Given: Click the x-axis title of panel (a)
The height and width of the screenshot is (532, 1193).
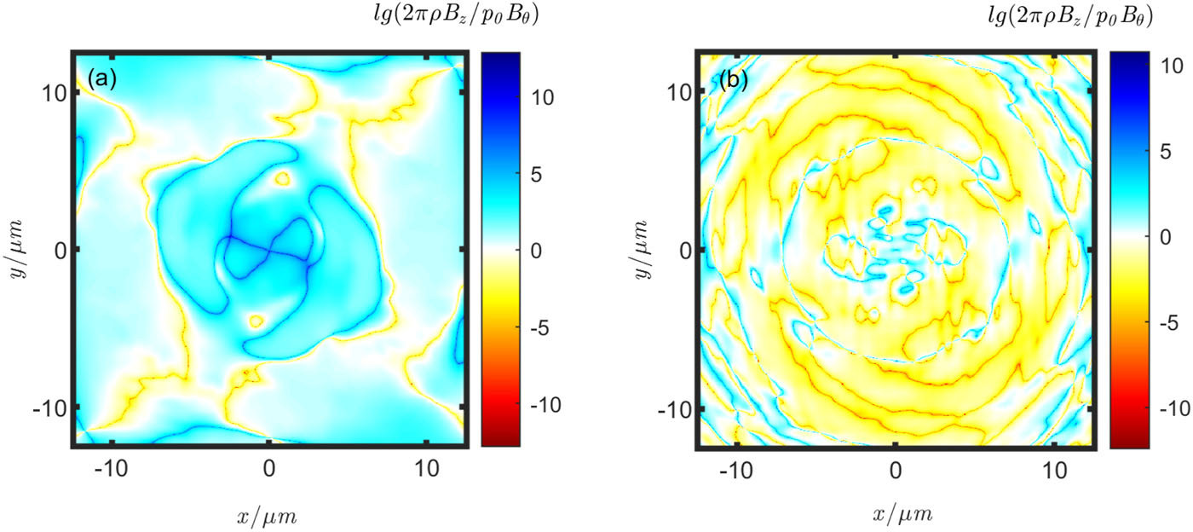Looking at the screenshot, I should tap(269, 515).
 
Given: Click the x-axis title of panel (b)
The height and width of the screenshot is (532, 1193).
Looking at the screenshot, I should tap(895, 515).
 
